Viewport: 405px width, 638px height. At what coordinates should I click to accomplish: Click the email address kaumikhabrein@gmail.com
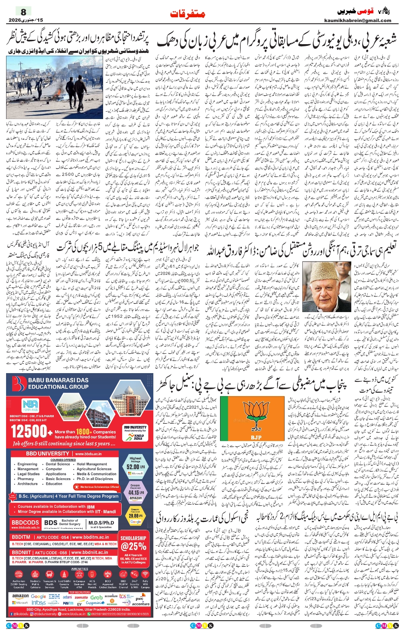coord(357,20)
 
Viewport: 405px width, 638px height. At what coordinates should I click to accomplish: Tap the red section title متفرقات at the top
coord(187,14)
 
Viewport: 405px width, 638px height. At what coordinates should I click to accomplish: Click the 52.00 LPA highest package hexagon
coord(135,466)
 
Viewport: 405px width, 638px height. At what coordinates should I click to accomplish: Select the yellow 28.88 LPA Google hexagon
coord(135,516)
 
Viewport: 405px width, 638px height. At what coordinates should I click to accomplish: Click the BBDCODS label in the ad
coord(25,523)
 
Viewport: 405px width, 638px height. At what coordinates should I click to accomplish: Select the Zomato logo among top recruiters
coord(81,597)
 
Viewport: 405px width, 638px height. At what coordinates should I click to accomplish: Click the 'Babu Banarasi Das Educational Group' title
coord(58,383)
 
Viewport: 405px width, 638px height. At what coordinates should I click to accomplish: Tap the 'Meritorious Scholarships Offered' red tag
coord(99,487)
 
